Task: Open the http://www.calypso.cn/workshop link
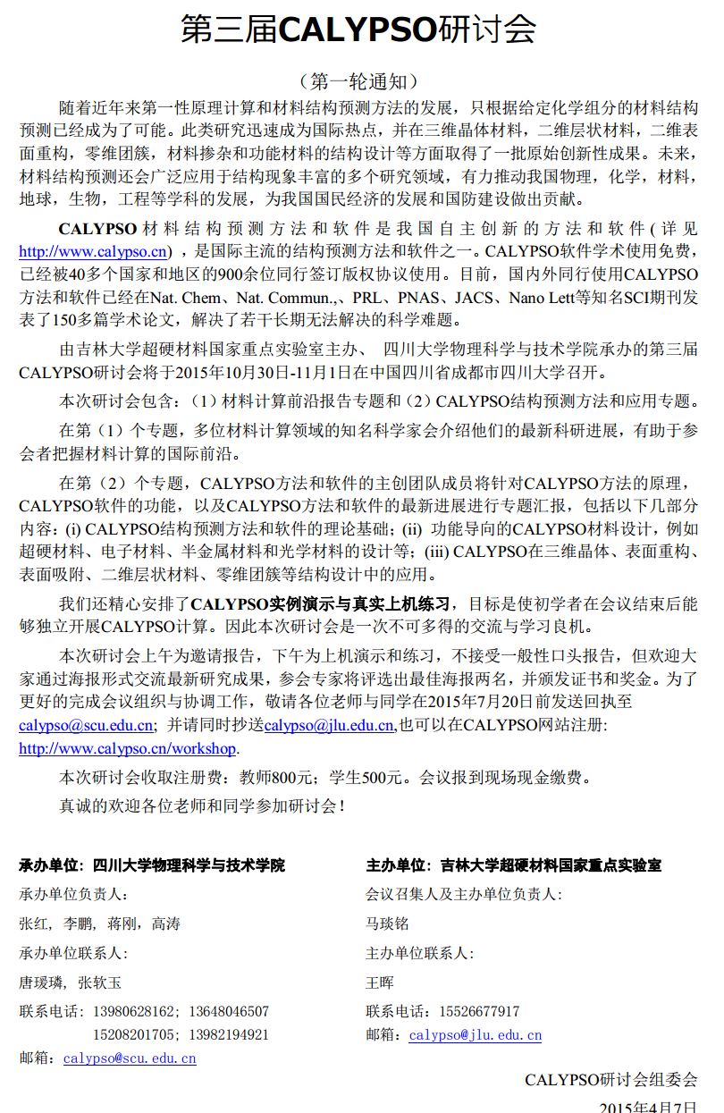128,748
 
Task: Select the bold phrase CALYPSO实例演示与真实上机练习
325,603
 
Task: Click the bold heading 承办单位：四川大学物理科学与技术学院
152,865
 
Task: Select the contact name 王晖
380,982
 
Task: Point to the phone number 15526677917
479,1012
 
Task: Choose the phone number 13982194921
229,1035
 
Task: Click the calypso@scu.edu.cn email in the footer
130,1058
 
